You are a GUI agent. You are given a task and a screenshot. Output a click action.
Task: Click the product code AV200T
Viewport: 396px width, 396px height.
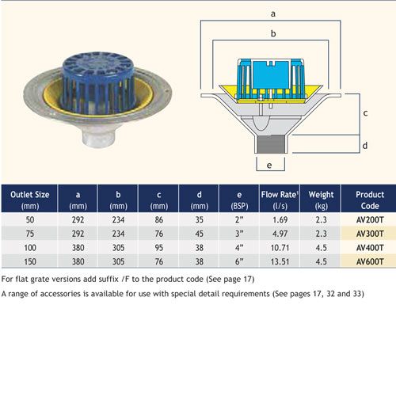[370, 219]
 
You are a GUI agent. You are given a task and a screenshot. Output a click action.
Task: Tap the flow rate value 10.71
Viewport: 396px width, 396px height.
[280, 248]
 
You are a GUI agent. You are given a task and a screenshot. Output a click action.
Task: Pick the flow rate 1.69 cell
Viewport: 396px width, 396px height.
[280, 219]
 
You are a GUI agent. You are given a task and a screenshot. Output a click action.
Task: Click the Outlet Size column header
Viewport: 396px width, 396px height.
[30, 200]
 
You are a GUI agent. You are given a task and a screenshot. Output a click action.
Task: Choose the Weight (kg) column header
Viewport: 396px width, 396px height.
[321, 200]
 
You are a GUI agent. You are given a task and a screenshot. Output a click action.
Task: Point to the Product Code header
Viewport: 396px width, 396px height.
[370, 200]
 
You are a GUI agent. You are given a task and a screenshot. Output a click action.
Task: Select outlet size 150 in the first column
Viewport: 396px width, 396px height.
[30, 261]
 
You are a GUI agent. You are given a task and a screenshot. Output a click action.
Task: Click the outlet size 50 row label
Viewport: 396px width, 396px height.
[30, 219]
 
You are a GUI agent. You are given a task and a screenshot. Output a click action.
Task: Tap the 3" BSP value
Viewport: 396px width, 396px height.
[239, 234]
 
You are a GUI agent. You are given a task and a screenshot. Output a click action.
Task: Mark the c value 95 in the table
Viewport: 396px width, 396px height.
[159, 248]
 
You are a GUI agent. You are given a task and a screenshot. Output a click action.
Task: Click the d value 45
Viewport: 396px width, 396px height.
[200, 234]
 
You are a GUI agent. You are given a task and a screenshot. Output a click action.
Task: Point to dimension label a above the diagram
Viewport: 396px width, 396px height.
[273, 13]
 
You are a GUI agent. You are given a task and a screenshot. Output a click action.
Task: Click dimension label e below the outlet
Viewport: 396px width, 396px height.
[269, 166]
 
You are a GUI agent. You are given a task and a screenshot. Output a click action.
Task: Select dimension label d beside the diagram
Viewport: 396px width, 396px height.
[365, 145]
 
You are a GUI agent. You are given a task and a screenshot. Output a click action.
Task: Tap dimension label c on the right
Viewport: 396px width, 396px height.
[365, 113]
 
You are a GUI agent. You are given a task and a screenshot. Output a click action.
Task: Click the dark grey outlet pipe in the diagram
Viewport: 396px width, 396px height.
[271, 144]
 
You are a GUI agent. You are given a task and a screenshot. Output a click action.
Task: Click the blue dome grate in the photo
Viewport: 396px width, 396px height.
[98, 81]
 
